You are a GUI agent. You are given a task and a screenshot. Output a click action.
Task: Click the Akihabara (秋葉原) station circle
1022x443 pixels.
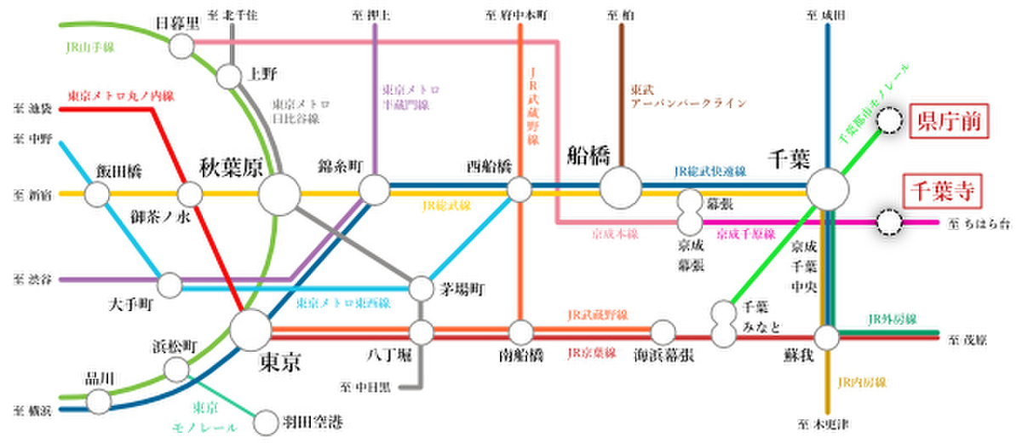click(x=278, y=194)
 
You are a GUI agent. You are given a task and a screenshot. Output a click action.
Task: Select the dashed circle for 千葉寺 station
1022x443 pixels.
click(x=890, y=223)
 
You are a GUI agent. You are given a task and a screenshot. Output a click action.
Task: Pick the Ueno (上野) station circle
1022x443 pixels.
click(x=230, y=77)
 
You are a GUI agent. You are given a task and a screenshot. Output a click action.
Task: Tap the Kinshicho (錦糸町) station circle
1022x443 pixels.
click(x=372, y=188)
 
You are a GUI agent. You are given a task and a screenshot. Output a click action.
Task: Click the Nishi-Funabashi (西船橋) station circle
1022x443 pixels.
click(x=519, y=188)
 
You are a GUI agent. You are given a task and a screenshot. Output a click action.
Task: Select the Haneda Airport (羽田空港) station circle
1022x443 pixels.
click(x=267, y=421)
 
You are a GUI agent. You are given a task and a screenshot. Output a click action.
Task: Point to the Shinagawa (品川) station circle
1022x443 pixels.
click(x=99, y=400)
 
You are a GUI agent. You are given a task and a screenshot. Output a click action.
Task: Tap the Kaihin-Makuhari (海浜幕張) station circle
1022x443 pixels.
click(x=663, y=331)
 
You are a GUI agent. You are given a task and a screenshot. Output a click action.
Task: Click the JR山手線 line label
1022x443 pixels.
click(x=90, y=48)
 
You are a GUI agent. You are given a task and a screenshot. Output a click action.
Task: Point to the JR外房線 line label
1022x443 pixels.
click(x=891, y=319)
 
